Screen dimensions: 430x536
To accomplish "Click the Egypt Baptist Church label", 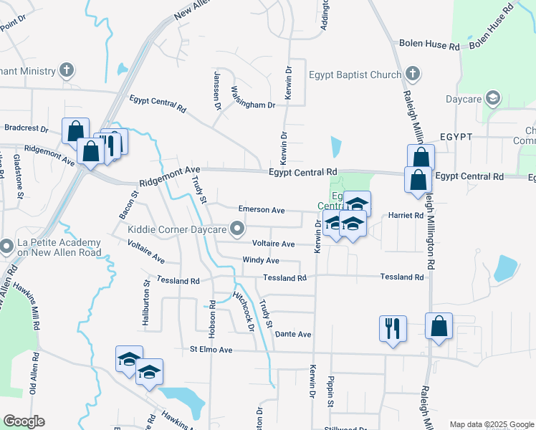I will pos(353,73).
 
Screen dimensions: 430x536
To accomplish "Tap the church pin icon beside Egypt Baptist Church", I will pos(412,73).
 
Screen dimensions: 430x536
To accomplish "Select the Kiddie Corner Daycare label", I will pos(176,230).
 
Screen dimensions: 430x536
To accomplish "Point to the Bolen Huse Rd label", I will pos(429,45).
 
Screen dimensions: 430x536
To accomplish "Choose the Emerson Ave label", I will pos(262,210).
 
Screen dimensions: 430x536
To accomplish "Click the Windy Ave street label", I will pos(260,260).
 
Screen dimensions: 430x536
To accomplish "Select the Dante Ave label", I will pos(293,334).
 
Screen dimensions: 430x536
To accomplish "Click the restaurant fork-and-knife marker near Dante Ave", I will pos(393,328).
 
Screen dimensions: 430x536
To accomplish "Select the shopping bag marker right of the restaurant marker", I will pos(439,326).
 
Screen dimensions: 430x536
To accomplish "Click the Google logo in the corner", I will pos(24,421).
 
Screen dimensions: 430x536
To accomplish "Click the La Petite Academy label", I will pos(50,247).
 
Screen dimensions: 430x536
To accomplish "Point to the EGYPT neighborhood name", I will pos(456,136).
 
